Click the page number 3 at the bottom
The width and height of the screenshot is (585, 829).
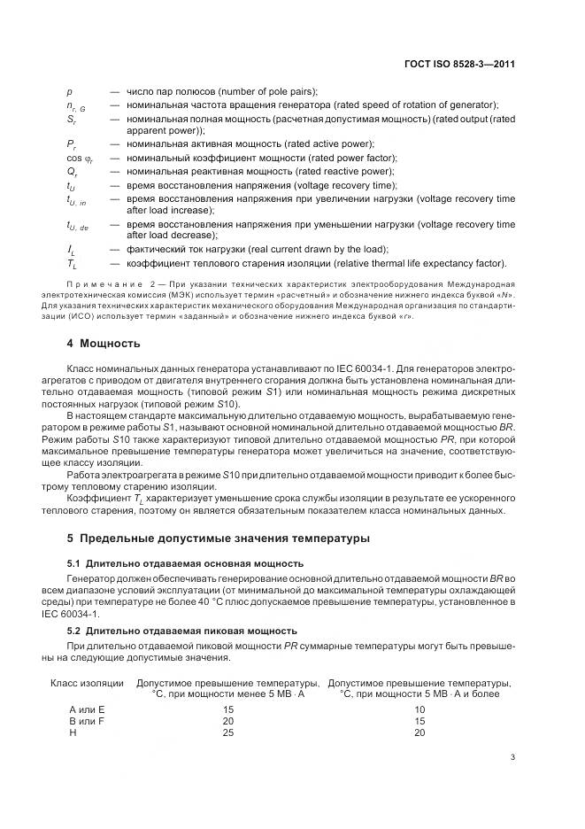513,756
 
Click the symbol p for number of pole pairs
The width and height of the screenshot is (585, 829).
70,92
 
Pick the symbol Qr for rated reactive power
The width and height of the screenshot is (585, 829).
72,171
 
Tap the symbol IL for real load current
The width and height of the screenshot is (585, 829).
71,251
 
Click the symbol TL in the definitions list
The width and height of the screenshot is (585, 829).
71,264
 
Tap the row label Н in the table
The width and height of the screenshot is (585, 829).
73,732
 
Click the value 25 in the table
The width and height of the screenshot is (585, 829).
228,732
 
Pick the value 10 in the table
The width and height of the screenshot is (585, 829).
420,709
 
